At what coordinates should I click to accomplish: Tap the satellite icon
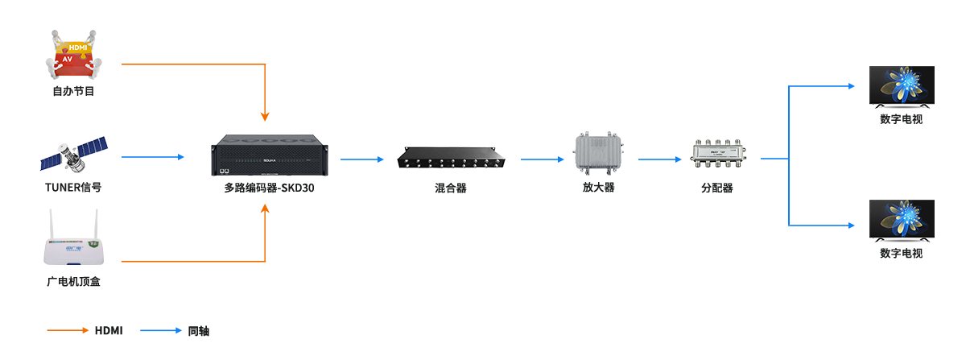73,155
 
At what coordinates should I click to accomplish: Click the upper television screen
902,86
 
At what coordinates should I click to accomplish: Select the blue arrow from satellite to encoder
155,156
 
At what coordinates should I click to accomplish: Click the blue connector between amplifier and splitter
662,159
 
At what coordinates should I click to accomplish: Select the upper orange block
199,92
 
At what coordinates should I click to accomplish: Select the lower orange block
199,232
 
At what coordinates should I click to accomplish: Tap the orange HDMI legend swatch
70,330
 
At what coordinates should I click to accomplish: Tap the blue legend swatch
161,330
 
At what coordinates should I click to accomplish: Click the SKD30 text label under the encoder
268,188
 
